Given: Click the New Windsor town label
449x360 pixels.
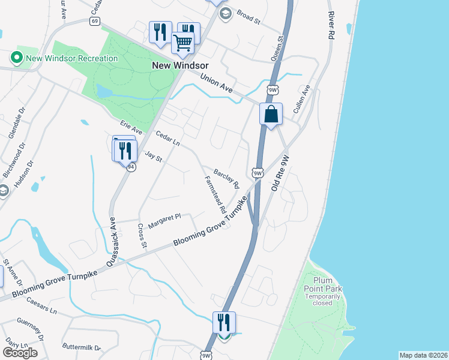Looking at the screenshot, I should (x=180, y=65).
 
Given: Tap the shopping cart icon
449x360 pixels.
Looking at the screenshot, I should (x=182, y=43).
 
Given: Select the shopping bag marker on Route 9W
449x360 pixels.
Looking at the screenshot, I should (x=271, y=113).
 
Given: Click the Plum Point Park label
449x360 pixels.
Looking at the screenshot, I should (x=327, y=284).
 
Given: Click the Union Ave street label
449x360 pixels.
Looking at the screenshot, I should (x=216, y=83).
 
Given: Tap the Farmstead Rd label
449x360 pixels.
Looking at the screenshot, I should (x=214, y=195).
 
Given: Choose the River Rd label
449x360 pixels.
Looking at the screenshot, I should (x=330, y=25).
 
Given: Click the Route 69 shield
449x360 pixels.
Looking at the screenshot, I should (x=95, y=21).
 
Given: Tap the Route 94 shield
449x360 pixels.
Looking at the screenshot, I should (x=130, y=167).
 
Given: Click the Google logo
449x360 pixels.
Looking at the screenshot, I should (x=20, y=353).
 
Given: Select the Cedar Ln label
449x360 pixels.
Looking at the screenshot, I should (x=167, y=139).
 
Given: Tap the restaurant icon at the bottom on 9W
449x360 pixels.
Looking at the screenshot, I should (x=223, y=322).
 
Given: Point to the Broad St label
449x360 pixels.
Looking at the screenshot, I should (x=248, y=17).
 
